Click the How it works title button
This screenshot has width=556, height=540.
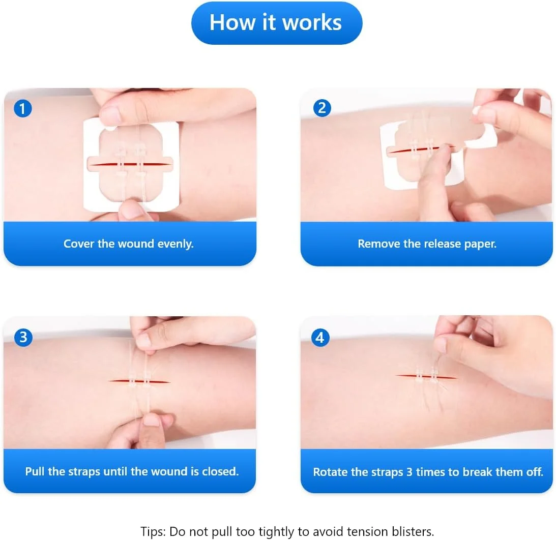277,23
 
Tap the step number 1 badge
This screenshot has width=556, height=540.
23,108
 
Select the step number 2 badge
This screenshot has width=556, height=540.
322,108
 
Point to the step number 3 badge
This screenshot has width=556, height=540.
23,337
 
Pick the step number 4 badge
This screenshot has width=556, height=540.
320,337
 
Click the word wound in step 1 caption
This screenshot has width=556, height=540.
136,244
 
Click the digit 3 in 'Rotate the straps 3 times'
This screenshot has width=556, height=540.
409,472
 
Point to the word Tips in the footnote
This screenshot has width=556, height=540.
153,532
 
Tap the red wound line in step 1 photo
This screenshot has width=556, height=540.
130,164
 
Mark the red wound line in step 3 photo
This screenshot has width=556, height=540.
139,381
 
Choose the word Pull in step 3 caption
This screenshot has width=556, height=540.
35,472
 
